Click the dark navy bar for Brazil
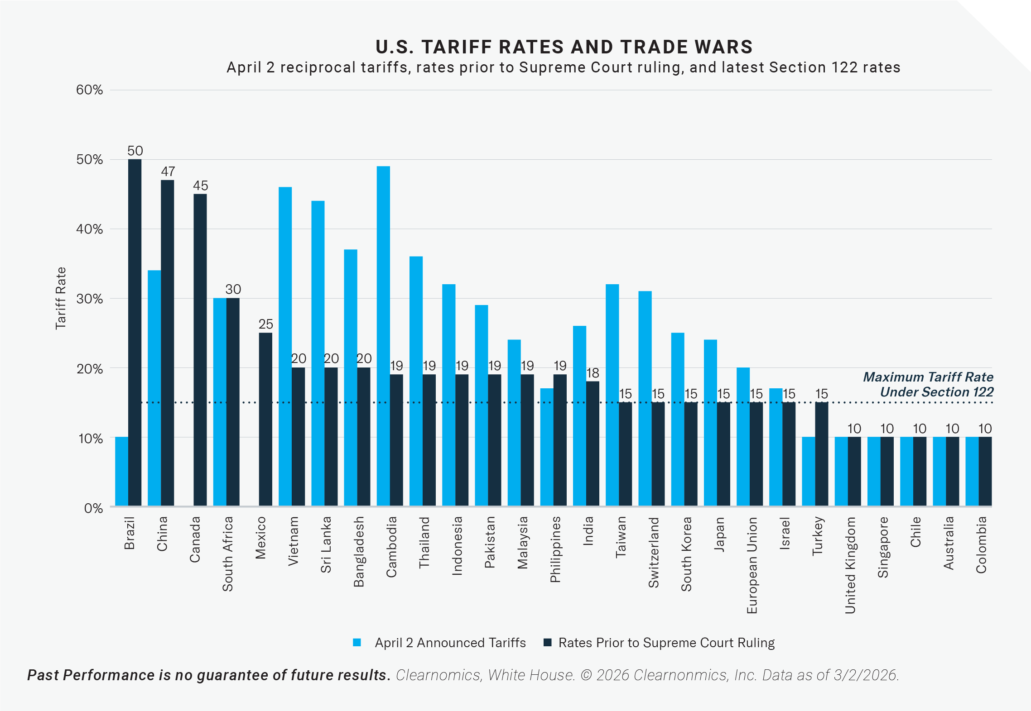click(135, 333)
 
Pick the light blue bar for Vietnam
click(285, 346)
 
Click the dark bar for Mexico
click(265, 419)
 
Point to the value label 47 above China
click(168, 172)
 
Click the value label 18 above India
click(593, 373)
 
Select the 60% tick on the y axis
click(89, 90)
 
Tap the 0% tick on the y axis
click(93, 508)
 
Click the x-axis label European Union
click(752, 566)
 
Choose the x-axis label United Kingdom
click(850, 566)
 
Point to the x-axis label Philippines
click(555, 549)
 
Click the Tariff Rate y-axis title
click(61, 298)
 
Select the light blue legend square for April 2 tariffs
click(357, 643)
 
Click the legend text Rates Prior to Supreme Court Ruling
click(666, 643)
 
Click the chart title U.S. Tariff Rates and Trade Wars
click(564, 47)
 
